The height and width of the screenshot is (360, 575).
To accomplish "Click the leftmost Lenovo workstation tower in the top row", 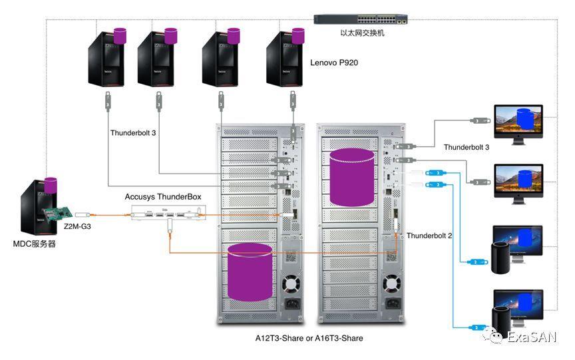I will pyautogui.click(x=107, y=60).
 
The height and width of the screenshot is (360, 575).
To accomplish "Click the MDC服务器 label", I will pyautogui.click(x=34, y=244).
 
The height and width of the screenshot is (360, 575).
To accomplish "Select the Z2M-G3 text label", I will pyautogui.click(x=79, y=226).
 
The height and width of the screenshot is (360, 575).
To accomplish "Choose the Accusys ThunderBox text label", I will pyautogui.click(x=162, y=197).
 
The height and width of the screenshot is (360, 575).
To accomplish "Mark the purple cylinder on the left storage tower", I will pyautogui.click(x=250, y=271).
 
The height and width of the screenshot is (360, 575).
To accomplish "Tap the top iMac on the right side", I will pyautogui.click(x=518, y=122).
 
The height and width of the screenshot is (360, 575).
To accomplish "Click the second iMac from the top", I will pyautogui.click(x=518, y=181).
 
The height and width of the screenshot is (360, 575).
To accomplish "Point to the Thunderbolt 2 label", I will pyautogui.click(x=429, y=236).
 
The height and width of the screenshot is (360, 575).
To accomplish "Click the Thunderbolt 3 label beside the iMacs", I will pyautogui.click(x=467, y=147).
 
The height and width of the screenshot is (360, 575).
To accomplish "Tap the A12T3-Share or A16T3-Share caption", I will pyautogui.click(x=309, y=338).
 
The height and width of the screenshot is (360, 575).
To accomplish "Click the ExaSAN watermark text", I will pyautogui.click(x=531, y=337).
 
